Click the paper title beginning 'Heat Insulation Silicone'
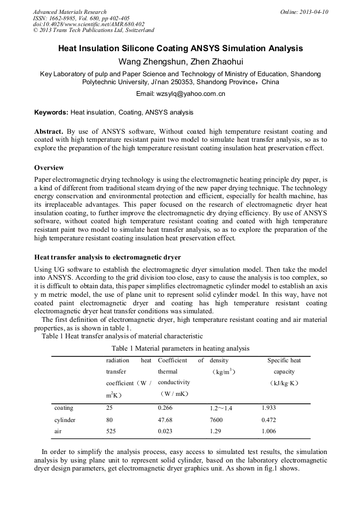coord(180,48)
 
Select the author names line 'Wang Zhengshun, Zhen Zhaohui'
coord(180,62)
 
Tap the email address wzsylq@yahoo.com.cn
coord(180,94)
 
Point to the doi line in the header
coord(89,24)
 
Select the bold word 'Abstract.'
coord(49,131)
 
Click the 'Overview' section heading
coord(49,168)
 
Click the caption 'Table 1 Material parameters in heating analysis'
coord(180,348)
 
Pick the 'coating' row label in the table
coord(64,408)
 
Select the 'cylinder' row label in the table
coord(65,420)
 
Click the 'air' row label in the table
coord(59,431)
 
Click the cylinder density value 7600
coord(218,420)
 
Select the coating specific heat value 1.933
coord(269,408)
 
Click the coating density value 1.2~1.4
coord(221,408)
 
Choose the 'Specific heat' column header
coord(284,361)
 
